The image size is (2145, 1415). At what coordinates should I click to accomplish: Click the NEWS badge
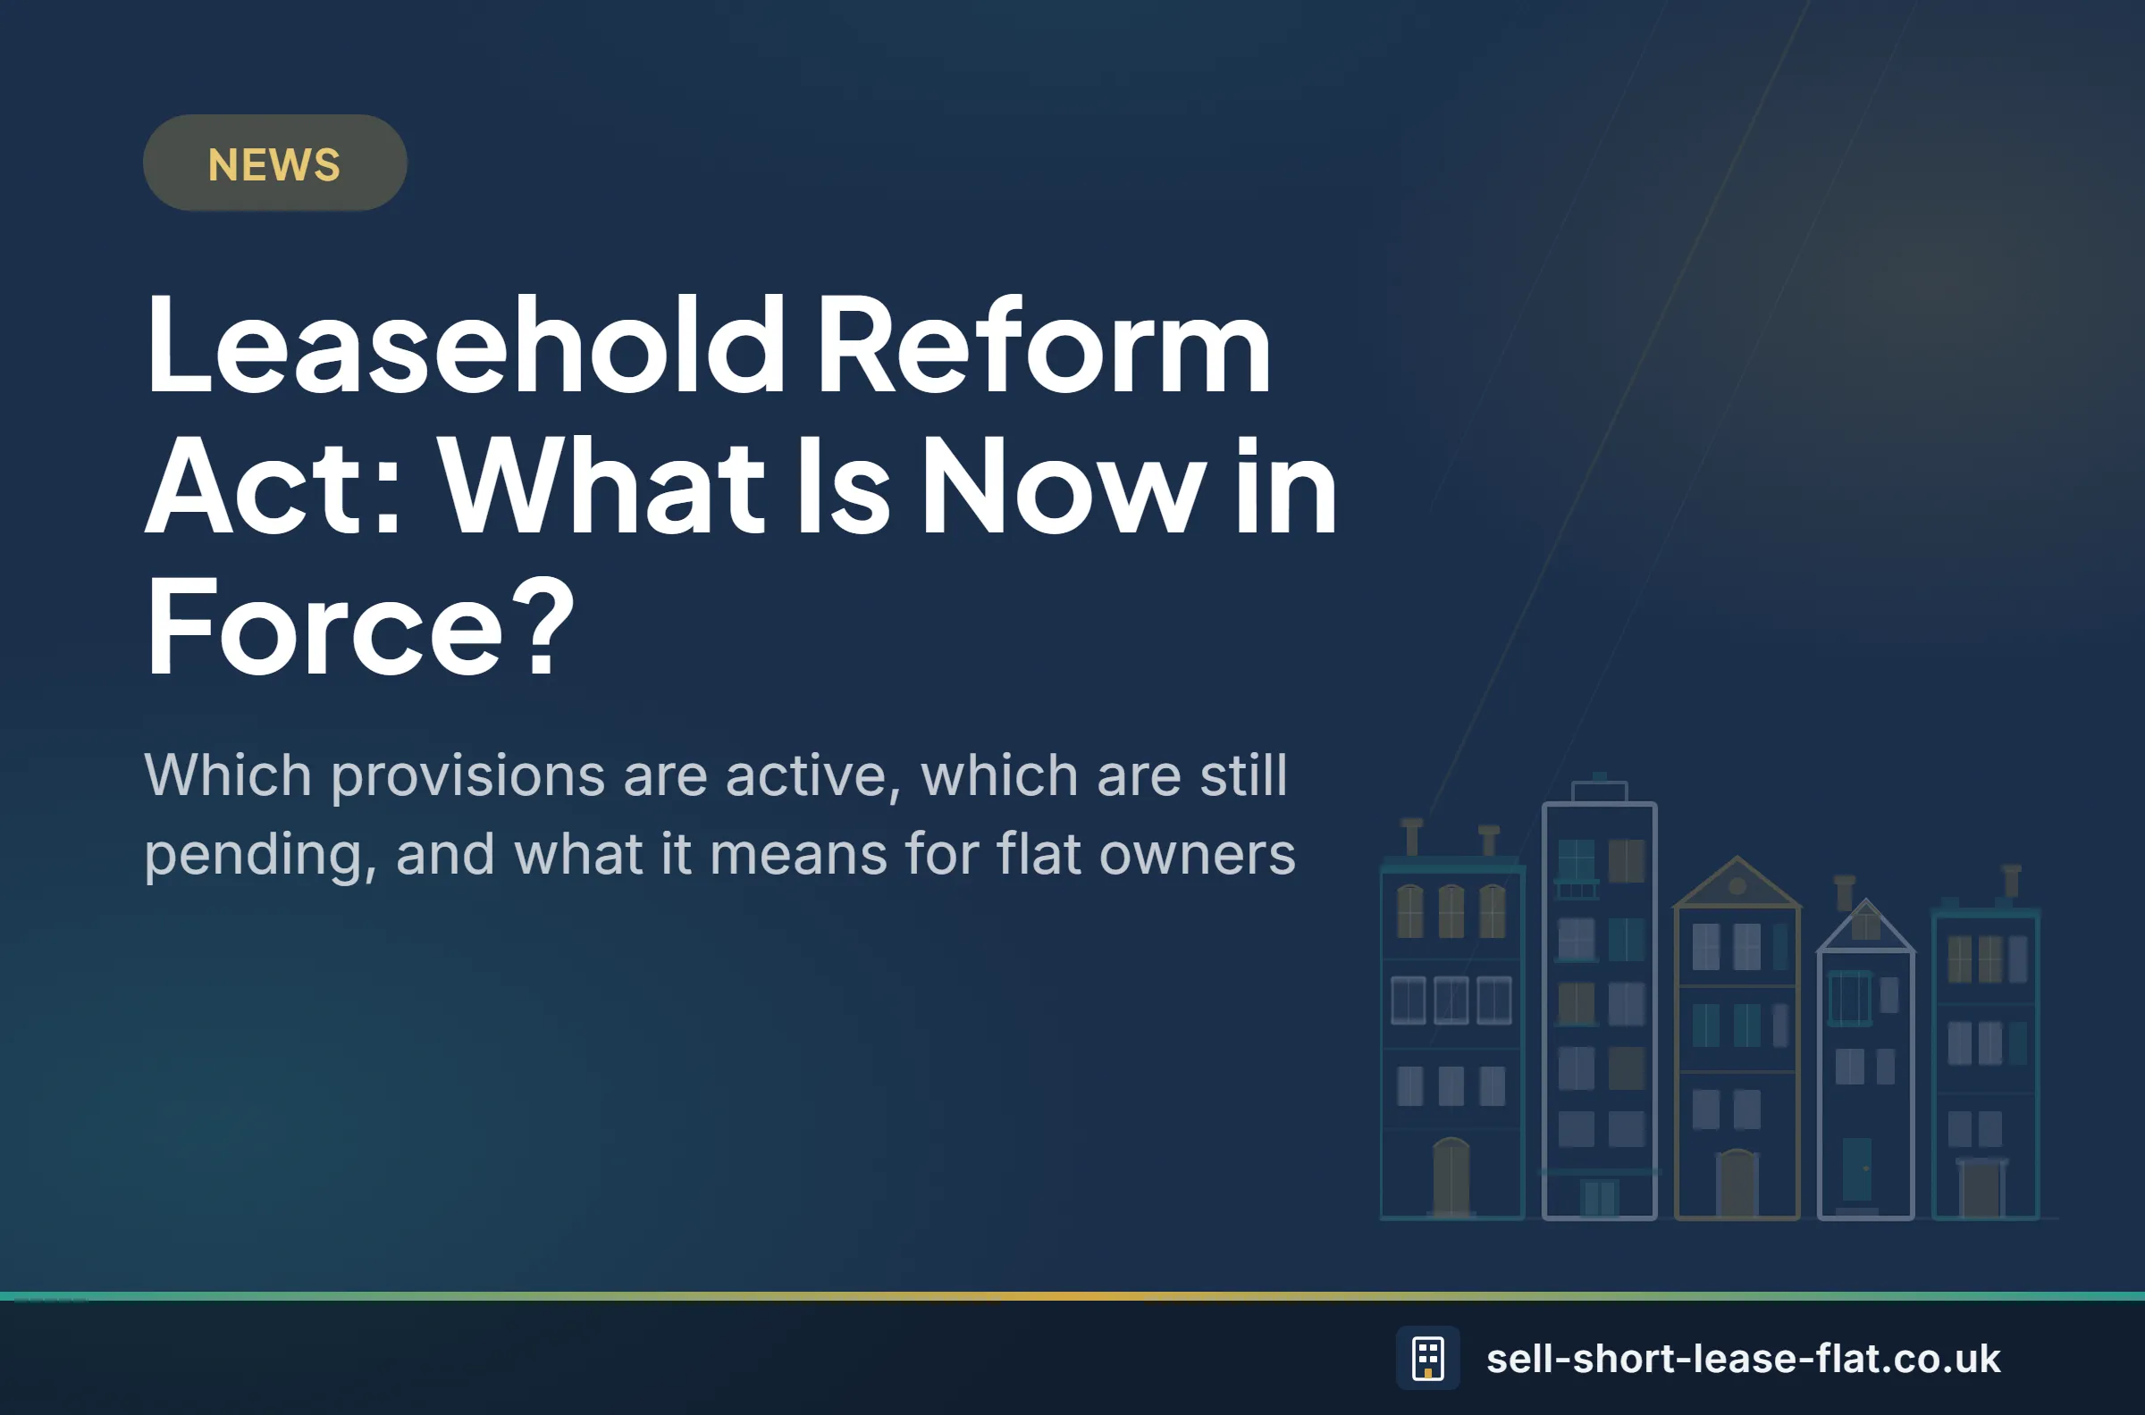click(x=274, y=163)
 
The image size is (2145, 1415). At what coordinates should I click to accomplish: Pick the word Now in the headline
click(x=1064, y=488)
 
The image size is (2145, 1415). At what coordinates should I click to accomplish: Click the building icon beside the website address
click(x=1427, y=1358)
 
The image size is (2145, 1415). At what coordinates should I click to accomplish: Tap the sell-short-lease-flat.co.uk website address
click(x=1744, y=1359)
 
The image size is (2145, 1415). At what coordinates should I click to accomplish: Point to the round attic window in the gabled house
click(x=1737, y=886)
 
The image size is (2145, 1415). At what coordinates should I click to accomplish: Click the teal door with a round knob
click(x=1857, y=1169)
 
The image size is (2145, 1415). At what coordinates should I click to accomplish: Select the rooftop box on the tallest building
click(x=1600, y=791)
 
